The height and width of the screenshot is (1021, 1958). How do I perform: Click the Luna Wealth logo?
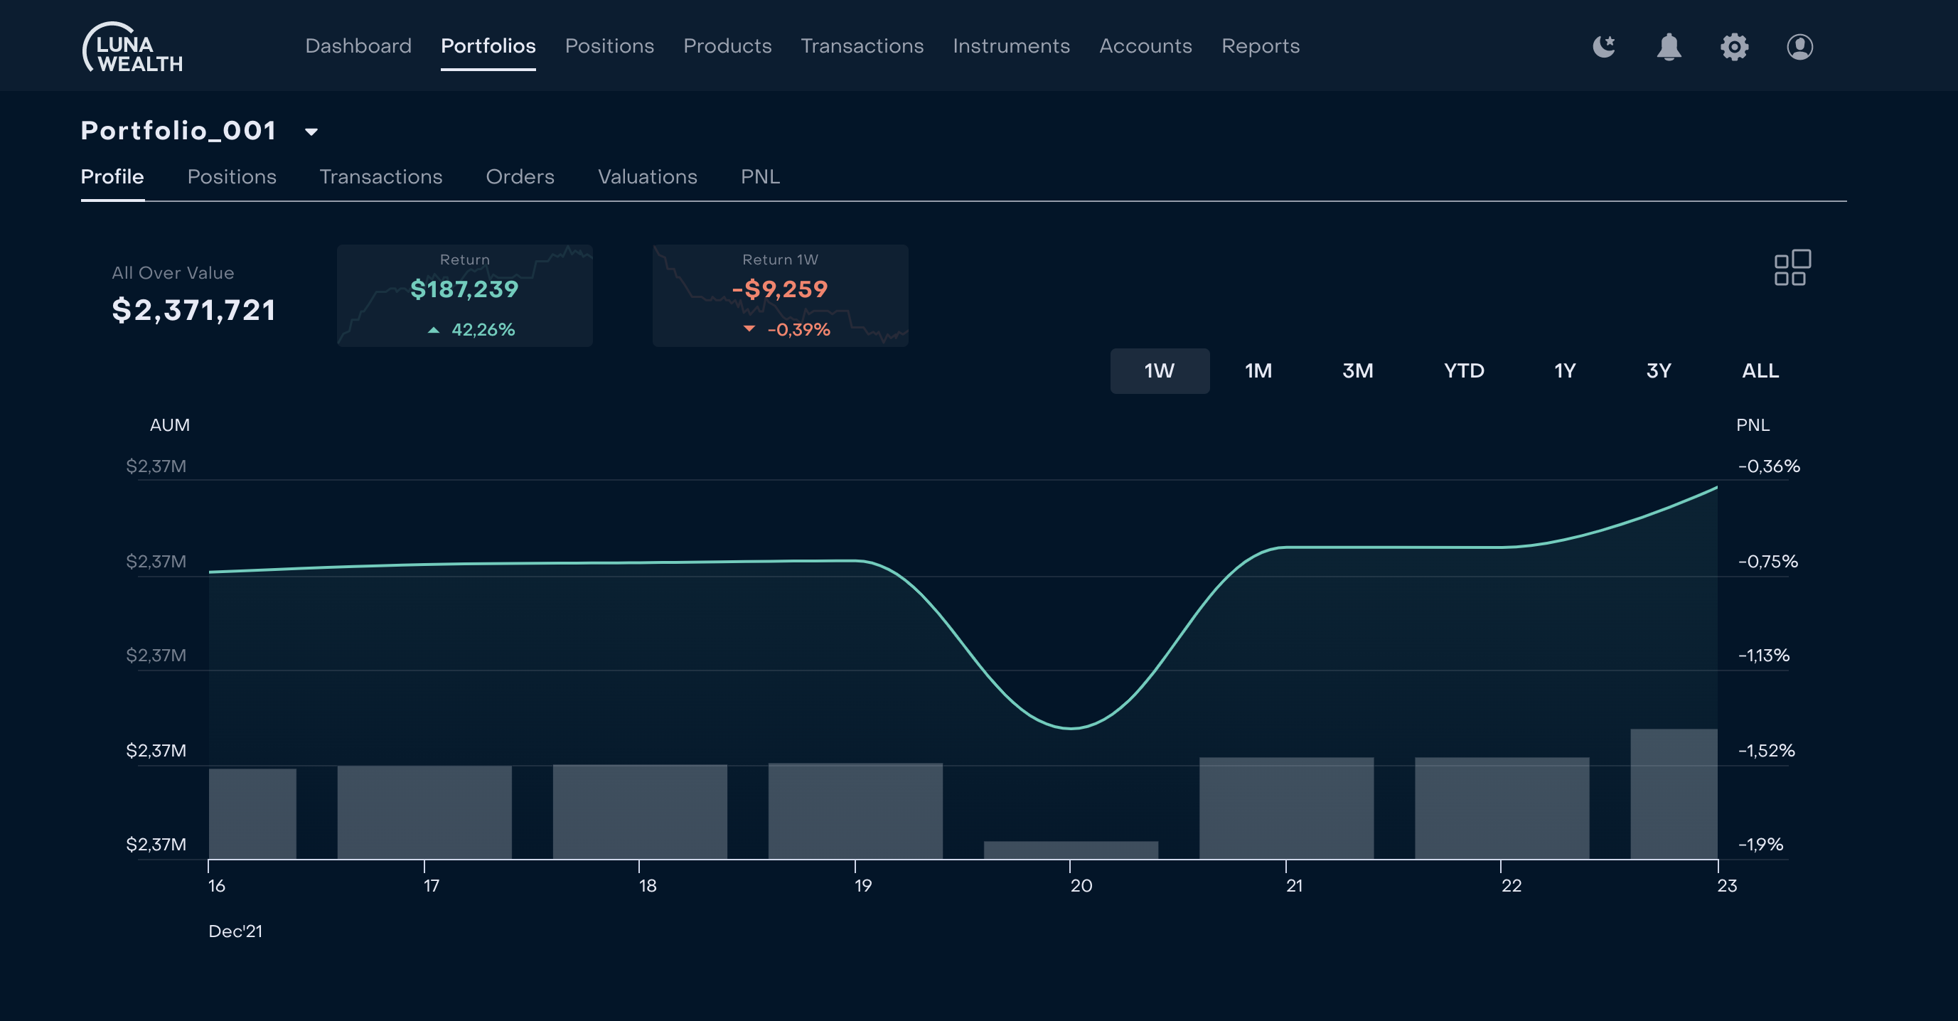point(133,47)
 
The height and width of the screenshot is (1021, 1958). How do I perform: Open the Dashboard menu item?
point(358,46)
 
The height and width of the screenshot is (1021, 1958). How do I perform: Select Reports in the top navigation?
point(1261,46)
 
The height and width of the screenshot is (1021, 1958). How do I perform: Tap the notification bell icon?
point(1669,47)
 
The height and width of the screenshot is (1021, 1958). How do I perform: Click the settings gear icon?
point(1734,47)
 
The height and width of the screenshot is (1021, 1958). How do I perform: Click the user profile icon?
point(1799,47)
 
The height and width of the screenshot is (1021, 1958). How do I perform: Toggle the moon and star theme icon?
point(1603,47)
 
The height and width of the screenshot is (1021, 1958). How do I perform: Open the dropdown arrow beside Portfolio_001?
point(311,132)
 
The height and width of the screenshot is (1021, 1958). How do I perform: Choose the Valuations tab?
point(647,176)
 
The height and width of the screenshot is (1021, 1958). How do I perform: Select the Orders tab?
point(520,176)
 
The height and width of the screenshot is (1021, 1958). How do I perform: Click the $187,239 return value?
point(464,289)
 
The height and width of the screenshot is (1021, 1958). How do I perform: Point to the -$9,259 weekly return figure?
point(780,289)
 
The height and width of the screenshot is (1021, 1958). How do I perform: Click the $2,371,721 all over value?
point(194,310)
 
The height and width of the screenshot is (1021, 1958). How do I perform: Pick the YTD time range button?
point(1463,371)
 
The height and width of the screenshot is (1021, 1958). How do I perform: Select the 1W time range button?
point(1159,371)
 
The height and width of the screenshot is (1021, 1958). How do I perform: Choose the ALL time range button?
point(1760,371)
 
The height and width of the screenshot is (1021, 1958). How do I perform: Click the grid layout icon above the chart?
point(1792,267)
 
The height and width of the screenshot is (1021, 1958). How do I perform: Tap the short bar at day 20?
point(1070,850)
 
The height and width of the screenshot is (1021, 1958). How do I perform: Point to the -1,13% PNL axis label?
point(1763,656)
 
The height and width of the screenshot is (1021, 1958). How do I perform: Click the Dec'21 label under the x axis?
point(235,931)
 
